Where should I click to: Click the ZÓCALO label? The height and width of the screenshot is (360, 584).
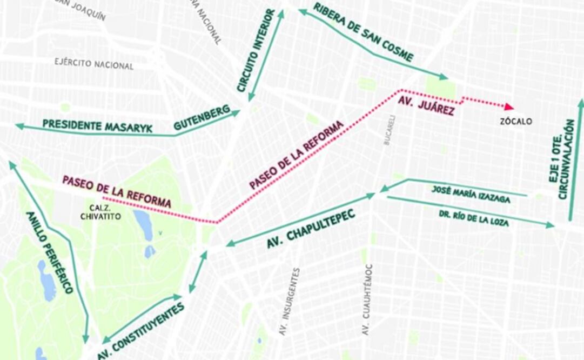(515, 122)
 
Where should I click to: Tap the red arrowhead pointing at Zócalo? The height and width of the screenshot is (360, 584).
(509, 106)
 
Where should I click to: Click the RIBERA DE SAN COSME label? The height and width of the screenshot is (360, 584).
(364, 32)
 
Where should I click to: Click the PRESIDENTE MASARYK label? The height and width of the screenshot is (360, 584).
(97, 126)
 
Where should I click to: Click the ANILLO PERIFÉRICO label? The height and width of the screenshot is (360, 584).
(50, 252)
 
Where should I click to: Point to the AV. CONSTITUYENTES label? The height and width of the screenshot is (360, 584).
(142, 332)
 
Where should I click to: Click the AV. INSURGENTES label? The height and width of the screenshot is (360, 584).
(287, 302)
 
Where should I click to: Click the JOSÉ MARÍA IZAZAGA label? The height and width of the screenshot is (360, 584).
(471, 194)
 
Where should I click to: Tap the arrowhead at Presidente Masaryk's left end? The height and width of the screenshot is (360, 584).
(19, 126)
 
